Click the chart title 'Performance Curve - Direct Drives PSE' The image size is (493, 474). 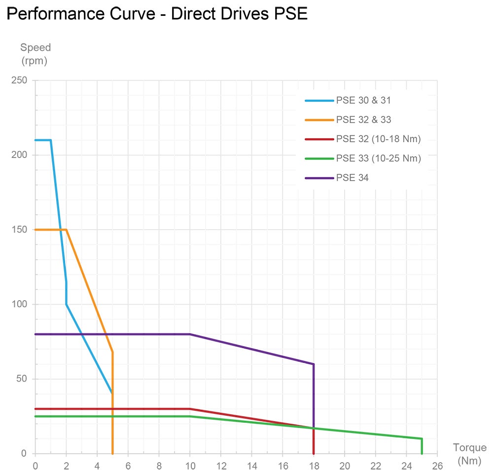157,14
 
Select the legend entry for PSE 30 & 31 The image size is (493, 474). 364,101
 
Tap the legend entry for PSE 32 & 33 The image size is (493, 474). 364,120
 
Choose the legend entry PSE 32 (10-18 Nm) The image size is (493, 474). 378,139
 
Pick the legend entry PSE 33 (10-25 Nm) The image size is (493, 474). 378,158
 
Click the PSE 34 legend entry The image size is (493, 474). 352,178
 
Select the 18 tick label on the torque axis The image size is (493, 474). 314,466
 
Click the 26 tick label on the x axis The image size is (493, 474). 437,466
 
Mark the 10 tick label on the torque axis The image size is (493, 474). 190,466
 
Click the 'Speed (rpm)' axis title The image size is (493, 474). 35,54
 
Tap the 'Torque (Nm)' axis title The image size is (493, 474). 469,454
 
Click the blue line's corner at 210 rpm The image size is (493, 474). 51,140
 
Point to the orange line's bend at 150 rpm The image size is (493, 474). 66,230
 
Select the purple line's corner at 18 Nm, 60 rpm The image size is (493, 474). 314,364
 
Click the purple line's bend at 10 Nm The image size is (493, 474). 190,334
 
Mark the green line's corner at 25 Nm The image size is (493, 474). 422,438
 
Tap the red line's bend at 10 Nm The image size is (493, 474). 190,409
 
